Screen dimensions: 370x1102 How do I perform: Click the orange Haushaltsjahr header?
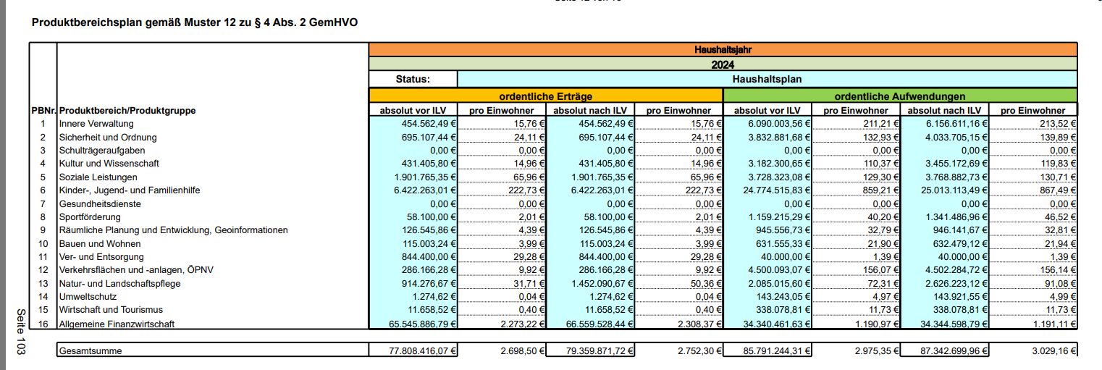[722, 50]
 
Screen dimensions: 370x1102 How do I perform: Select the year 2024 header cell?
[722, 64]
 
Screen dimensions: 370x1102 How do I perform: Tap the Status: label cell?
[413, 79]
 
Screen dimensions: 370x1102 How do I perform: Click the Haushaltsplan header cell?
[767, 79]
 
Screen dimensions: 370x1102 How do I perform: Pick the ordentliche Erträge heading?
[545, 96]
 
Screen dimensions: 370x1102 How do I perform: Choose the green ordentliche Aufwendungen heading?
[899, 96]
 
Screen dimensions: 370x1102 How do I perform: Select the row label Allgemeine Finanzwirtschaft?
[117, 324]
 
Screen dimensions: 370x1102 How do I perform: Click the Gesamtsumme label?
[91, 351]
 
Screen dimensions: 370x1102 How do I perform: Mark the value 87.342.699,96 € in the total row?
[949, 351]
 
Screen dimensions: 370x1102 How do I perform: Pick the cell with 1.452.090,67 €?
[592, 283]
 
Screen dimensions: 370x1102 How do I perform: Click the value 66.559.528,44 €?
[592, 324]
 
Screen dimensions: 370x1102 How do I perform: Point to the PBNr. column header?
[43, 111]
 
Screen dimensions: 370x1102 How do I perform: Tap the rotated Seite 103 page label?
[20, 332]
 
